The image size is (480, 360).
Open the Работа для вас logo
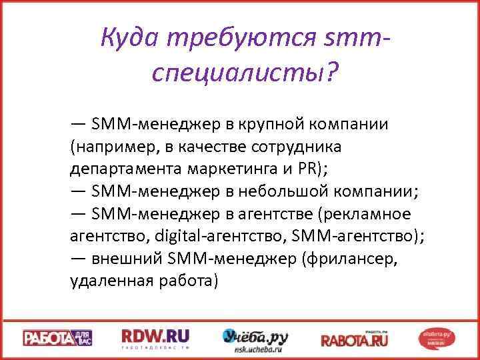pyautogui.click(x=59, y=338)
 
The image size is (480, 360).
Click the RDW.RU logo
pyautogui.click(x=155, y=337)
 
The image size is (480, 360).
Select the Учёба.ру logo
pyautogui.click(x=255, y=337)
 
